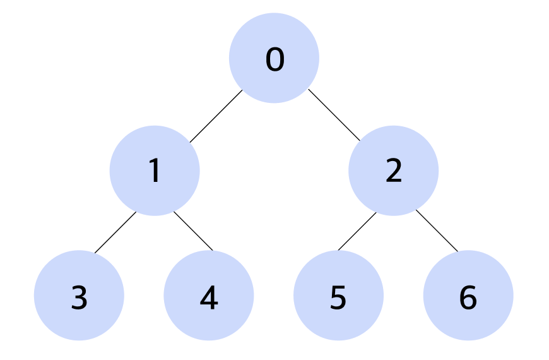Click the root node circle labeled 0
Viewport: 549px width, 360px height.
[274, 58]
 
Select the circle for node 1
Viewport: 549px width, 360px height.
[155, 171]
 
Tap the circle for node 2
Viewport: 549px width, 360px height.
[394, 171]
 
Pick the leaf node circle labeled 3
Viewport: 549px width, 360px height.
[79, 296]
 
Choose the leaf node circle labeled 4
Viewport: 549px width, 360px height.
[209, 296]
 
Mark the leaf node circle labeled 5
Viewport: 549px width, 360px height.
[339, 296]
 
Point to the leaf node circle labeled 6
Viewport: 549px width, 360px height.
[468, 296]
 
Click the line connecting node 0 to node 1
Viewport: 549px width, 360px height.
[216, 116]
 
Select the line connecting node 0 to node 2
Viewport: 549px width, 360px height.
[334, 115]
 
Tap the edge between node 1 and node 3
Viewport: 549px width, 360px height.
[115, 232]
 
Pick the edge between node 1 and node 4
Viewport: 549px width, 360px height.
[193, 231]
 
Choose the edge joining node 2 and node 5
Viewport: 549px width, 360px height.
[357, 231]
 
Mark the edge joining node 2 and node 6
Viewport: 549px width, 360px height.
[437, 231]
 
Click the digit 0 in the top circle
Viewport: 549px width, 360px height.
[275, 59]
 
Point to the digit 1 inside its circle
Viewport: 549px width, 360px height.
[155, 171]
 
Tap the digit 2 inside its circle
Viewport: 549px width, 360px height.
[394, 170]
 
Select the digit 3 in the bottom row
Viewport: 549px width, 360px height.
[79, 297]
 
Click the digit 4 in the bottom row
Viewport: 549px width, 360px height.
[209, 297]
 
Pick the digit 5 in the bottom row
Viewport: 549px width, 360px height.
[338, 297]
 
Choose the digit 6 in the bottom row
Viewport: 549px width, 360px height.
[468, 297]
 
